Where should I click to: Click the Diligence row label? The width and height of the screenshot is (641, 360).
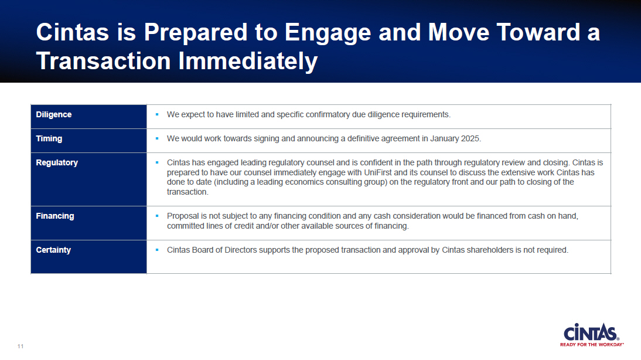click(53, 114)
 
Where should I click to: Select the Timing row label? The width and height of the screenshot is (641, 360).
click(49, 139)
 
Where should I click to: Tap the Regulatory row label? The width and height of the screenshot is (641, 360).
click(57, 162)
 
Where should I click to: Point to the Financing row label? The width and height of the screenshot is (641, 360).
click(54, 216)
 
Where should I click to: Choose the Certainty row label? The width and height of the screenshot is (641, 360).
click(53, 250)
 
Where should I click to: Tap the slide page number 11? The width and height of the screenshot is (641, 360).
click(21, 347)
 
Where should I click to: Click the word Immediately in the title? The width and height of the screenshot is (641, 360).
click(248, 62)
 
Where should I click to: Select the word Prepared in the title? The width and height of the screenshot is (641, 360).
click(196, 32)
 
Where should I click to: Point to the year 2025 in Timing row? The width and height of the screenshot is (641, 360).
click(470, 139)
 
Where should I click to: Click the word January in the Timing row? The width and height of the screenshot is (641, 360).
click(444, 139)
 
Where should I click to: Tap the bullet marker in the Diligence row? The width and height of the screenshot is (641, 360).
click(157, 114)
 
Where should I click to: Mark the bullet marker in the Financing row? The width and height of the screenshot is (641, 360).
click(157, 216)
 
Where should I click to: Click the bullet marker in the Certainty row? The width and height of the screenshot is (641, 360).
click(157, 250)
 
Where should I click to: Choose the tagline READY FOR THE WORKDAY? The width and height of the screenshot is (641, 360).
click(592, 344)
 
